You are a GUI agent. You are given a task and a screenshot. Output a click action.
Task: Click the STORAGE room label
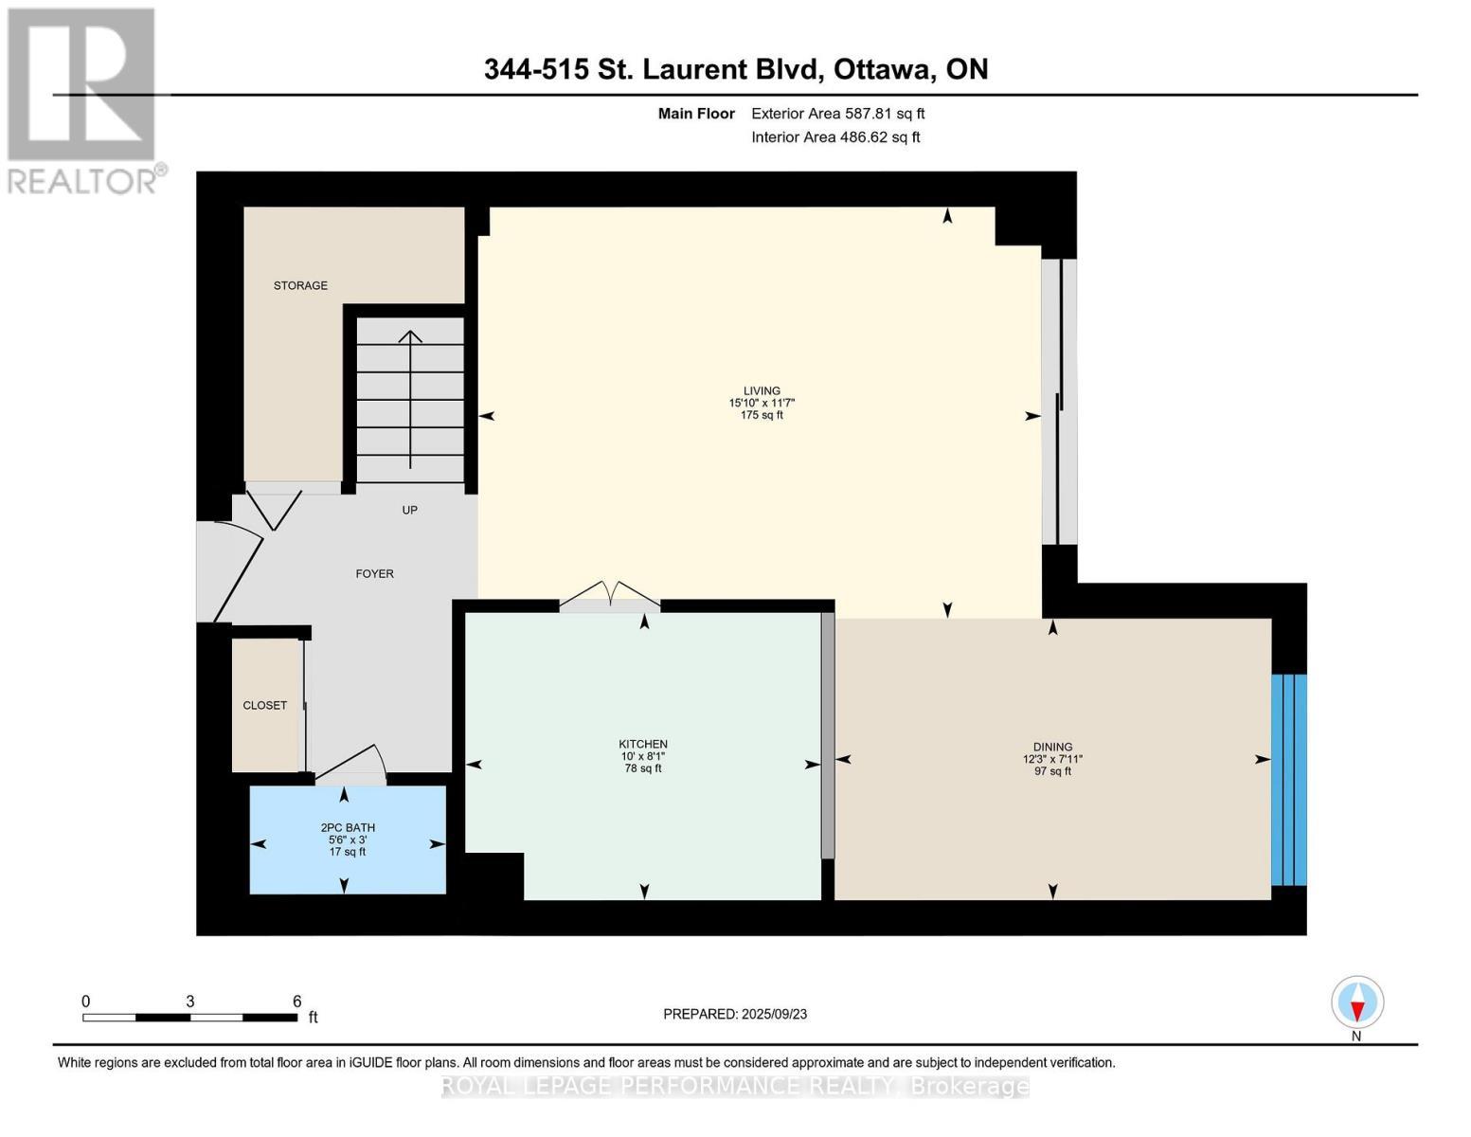[300, 285]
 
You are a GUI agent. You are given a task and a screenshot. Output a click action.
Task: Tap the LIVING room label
[762, 390]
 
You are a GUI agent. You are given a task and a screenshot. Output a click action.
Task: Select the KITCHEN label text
[643, 744]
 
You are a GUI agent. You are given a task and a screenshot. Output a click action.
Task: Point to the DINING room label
[1052, 747]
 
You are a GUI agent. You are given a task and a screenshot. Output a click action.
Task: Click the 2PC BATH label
[348, 827]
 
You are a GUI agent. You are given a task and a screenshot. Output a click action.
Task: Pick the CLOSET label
[264, 705]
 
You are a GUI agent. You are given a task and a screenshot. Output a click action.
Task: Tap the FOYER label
[374, 573]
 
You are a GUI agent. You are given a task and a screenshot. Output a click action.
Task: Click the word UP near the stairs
[409, 510]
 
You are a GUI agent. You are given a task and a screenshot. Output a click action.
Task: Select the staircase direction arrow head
[410, 336]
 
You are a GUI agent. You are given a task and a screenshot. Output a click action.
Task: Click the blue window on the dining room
[1288, 779]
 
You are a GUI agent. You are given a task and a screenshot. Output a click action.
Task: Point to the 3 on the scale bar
[190, 1002]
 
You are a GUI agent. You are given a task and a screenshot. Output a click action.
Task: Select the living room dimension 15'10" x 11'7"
[762, 403]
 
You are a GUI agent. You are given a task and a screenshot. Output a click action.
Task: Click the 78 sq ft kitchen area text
[643, 768]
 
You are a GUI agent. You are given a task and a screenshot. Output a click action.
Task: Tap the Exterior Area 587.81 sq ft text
[837, 114]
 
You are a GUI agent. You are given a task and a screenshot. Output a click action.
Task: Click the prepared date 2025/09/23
[774, 1014]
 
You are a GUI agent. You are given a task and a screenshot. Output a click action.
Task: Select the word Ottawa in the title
[885, 69]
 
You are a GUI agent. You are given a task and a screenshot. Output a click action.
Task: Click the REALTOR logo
[83, 99]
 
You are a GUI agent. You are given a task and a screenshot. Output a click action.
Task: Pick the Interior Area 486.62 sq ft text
[835, 137]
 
